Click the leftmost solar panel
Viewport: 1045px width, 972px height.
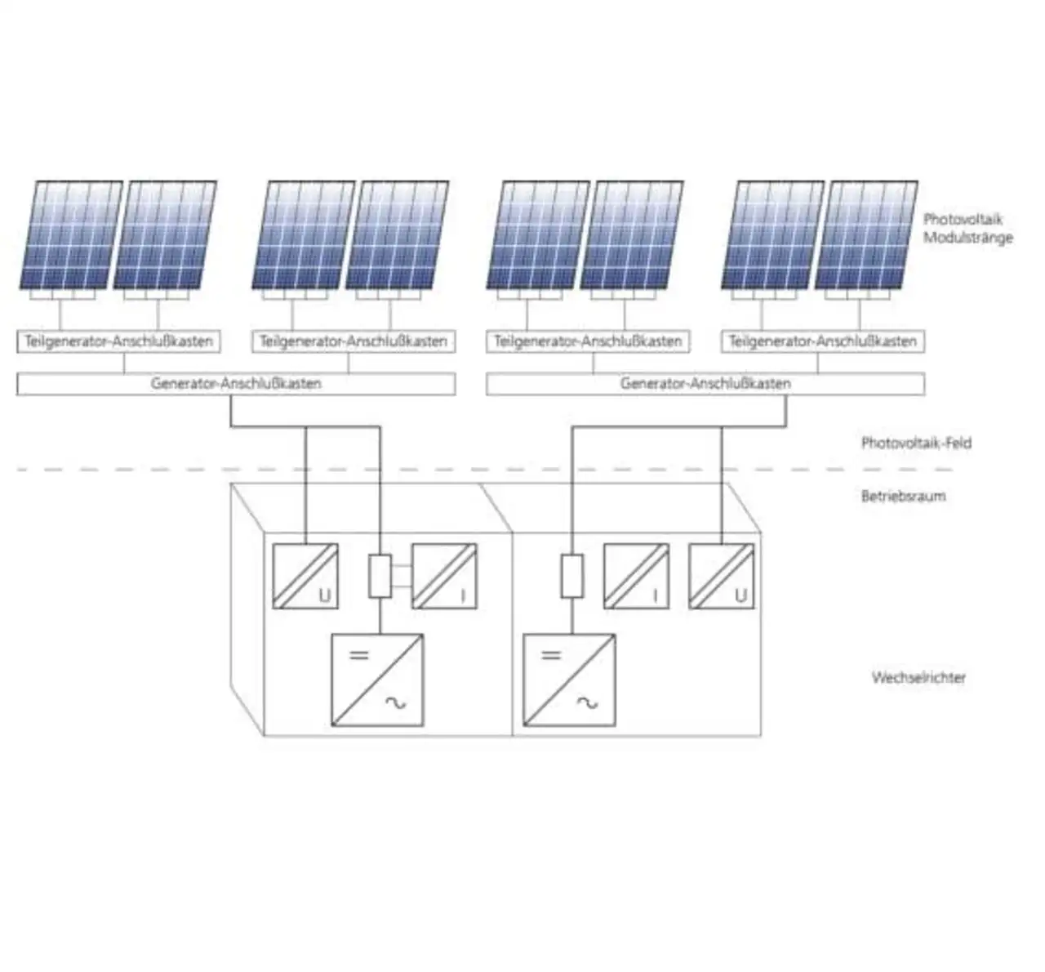click(72, 235)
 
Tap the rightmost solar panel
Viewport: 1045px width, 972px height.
click(867, 235)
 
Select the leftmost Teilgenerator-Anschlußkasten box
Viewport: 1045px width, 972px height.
click(118, 341)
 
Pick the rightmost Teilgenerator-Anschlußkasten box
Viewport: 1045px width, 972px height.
click(823, 341)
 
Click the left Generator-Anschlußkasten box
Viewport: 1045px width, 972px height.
click(236, 383)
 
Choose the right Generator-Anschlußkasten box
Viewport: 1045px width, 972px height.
click(705, 383)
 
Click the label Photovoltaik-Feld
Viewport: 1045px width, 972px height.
click(916, 443)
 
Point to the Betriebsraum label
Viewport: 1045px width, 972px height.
click(904, 496)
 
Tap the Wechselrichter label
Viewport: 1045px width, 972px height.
click(918, 677)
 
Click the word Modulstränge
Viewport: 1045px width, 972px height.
click(968, 238)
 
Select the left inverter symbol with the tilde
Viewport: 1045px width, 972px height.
click(377, 680)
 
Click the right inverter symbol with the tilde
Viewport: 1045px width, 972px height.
click(569, 680)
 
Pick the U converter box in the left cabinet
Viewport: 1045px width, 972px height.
click(305, 576)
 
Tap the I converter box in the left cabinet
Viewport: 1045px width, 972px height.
click(445, 576)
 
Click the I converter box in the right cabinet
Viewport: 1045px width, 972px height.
click(637, 576)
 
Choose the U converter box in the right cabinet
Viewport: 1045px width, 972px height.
click(722, 576)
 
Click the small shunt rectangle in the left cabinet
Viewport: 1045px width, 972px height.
click(380, 576)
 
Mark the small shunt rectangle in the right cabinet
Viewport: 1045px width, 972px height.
click(572, 576)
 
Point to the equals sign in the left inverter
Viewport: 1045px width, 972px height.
click(359, 656)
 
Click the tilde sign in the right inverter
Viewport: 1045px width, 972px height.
click(588, 702)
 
